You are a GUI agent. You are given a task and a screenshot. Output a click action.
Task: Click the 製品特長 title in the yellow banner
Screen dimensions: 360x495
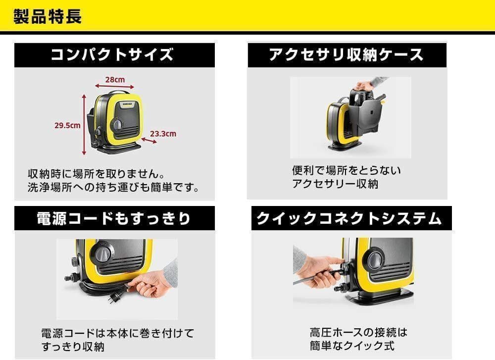point(48,16)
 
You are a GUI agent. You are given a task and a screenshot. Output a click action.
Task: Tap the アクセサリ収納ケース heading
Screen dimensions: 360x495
point(346,54)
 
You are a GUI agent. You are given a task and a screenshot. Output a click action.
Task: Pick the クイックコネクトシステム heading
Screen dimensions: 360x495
point(348,218)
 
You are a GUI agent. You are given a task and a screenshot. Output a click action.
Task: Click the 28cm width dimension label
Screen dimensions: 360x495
point(114,79)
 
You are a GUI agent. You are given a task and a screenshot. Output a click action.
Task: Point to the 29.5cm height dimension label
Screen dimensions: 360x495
point(67,125)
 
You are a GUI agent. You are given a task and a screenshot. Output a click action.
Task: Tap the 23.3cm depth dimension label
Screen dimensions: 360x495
point(162,134)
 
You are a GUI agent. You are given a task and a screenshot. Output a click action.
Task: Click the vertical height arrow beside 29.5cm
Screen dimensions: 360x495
point(83,124)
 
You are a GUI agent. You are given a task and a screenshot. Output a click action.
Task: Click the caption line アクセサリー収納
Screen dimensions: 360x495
point(335,184)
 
